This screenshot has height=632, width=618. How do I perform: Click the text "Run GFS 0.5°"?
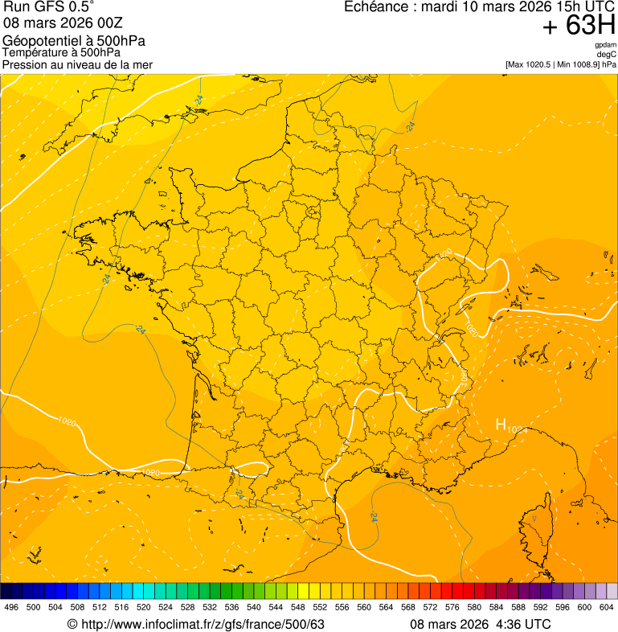click(48, 8)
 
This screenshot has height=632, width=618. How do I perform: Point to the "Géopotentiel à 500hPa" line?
click(74, 41)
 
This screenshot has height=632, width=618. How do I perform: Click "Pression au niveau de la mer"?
click(77, 64)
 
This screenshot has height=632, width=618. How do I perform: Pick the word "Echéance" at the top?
click(373, 7)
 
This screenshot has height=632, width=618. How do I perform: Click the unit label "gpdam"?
click(605, 45)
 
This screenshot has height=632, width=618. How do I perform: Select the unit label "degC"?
click(607, 55)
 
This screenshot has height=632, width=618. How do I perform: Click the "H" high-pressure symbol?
click(501, 425)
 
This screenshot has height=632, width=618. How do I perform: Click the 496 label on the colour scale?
click(11, 608)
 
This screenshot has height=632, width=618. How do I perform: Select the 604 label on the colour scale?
click(607, 608)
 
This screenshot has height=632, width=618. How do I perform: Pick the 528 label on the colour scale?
click(188, 608)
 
